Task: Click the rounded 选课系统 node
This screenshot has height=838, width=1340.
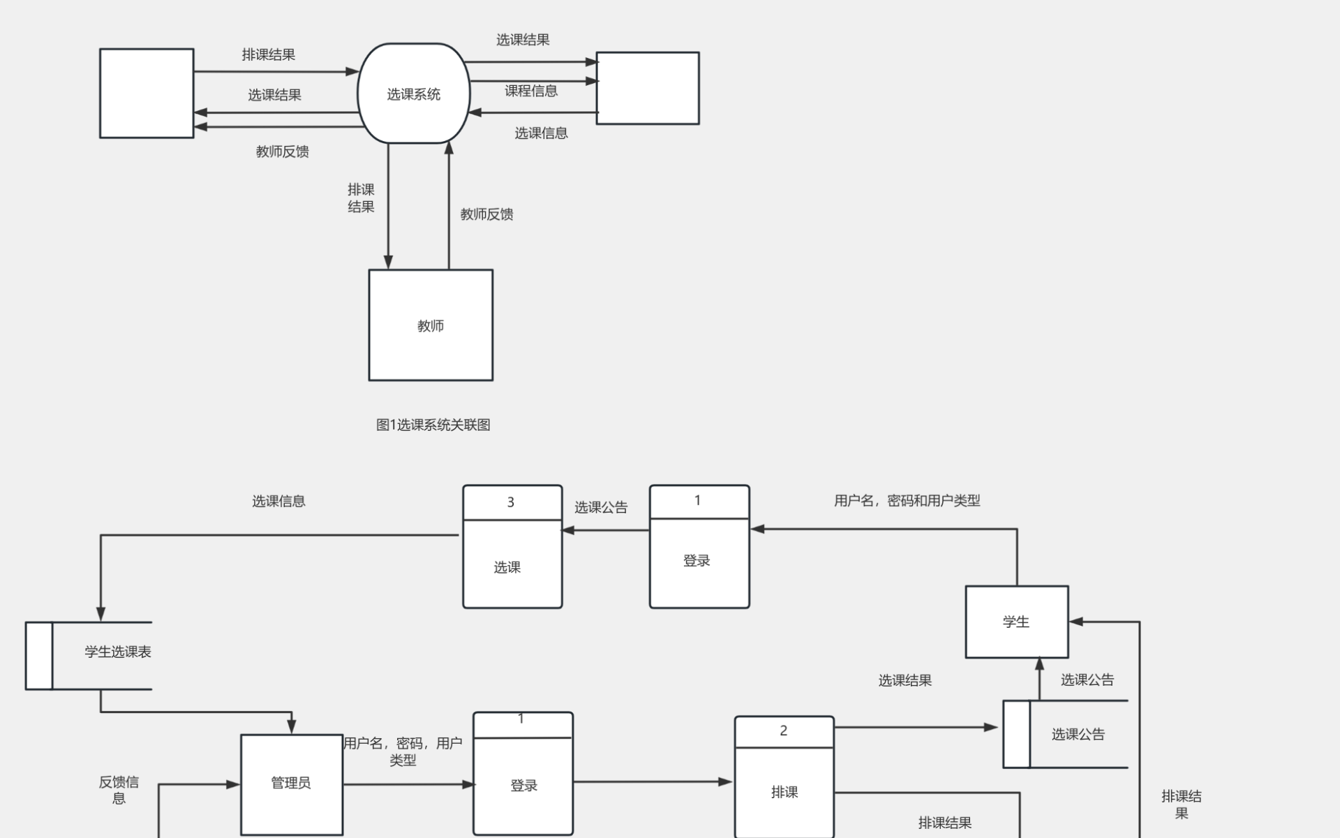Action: click(x=413, y=94)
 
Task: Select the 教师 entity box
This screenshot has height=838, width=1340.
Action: click(x=431, y=325)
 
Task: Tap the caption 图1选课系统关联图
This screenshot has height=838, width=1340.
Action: click(x=433, y=425)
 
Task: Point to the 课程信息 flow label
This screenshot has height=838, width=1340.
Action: click(x=531, y=91)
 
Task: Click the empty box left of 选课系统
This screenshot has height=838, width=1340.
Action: click(x=147, y=93)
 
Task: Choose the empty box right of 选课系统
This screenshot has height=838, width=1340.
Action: click(x=648, y=88)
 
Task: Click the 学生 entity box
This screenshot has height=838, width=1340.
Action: click(x=1016, y=622)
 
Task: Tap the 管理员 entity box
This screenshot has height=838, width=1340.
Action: click(x=291, y=784)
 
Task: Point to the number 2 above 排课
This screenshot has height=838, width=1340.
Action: click(x=784, y=730)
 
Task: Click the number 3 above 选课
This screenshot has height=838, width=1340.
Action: click(x=511, y=502)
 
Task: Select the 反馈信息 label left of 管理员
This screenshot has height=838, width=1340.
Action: click(x=119, y=790)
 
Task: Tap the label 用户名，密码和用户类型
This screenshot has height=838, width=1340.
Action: click(x=907, y=501)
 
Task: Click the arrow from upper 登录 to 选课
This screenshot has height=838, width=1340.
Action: click(x=606, y=531)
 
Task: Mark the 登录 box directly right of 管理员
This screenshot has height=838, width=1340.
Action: click(x=523, y=785)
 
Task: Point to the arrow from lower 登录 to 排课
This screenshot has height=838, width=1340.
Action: click(x=653, y=782)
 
